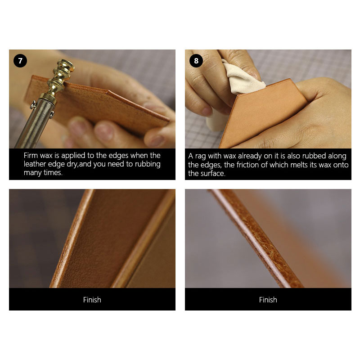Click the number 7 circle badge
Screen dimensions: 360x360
click(x=20, y=61)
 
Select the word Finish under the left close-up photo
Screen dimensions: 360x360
click(x=92, y=300)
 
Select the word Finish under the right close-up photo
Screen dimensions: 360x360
click(x=268, y=300)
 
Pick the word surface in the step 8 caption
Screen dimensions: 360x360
click(x=213, y=173)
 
